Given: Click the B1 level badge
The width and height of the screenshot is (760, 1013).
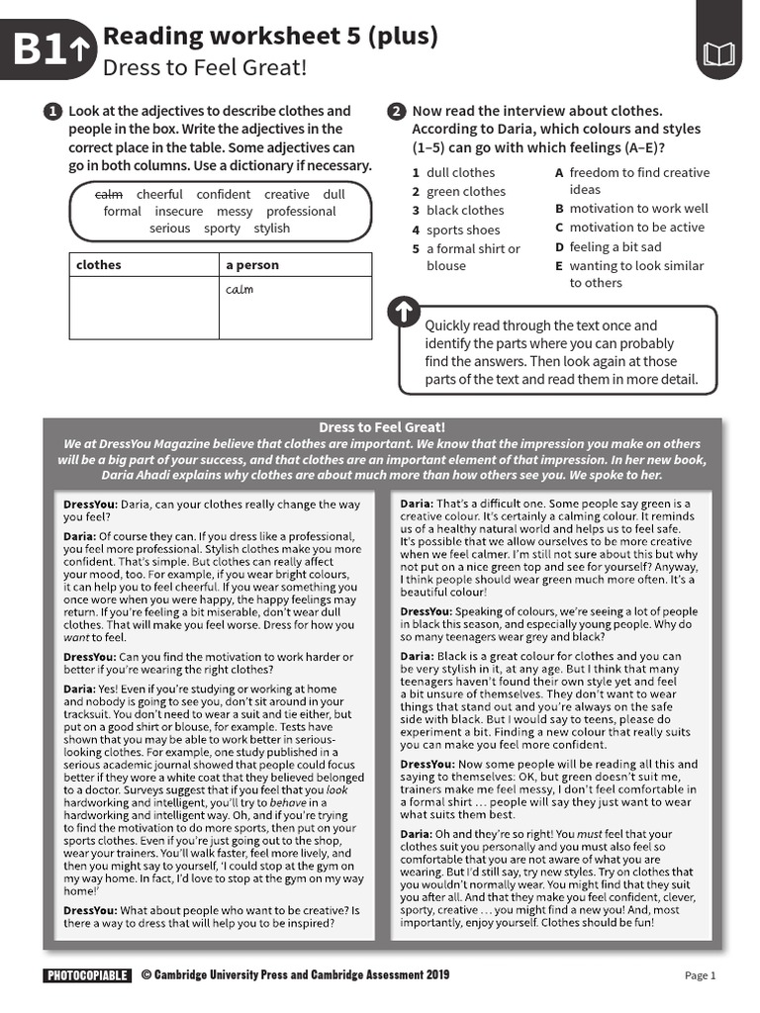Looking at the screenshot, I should click(50, 49).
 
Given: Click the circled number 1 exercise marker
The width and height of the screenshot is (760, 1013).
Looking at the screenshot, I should click(52, 112).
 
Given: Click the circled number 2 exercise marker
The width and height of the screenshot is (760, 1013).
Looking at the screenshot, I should click(396, 112).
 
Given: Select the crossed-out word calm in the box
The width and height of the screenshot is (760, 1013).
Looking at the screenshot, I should click(109, 195).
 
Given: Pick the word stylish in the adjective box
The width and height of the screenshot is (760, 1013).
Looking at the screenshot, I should click(272, 229).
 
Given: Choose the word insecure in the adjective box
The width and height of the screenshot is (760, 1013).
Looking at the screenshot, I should click(179, 212).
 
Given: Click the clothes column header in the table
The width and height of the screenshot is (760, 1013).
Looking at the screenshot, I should click(99, 265).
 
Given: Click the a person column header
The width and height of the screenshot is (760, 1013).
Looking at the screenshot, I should click(252, 265).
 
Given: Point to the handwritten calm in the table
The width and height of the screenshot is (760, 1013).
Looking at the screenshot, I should click(239, 290).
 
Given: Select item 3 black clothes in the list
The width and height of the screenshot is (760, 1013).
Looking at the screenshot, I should click(458, 211).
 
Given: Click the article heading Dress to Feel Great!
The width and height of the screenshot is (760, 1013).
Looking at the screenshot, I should click(382, 427).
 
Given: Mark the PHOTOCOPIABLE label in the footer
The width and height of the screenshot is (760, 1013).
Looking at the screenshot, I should click(87, 975).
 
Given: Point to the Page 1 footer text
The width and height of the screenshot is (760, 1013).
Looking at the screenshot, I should click(700, 975).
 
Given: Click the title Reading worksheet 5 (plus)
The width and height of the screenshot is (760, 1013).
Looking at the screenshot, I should click(270, 38).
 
